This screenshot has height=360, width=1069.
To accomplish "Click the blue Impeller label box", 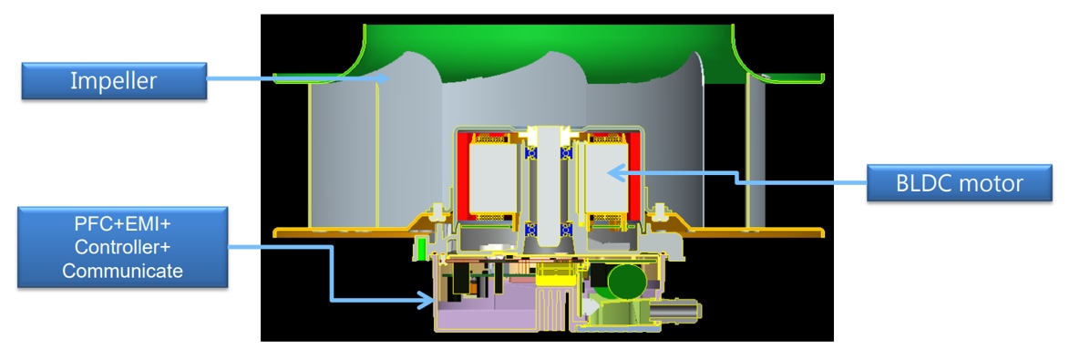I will pyautogui.click(x=114, y=81).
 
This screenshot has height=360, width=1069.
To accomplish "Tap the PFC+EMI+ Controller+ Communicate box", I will pyautogui.click(x=123, y=248).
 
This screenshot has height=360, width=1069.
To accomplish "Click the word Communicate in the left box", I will pyautogui.click(x=123, y=271).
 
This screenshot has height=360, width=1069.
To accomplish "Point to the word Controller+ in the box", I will pyautogui.click(x=123, y=248).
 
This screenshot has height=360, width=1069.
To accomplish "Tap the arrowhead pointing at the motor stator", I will pyautogui.click(x=613, y=170).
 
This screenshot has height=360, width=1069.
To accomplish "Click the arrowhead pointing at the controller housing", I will pyautogui.click(x=427, y=298).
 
